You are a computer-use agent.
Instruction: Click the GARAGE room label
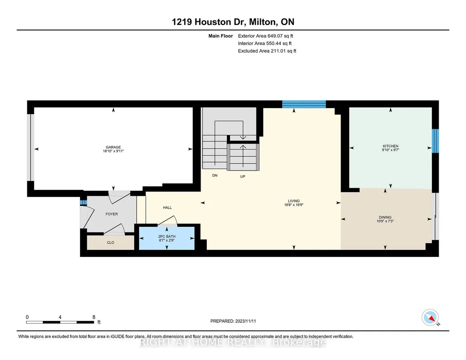tap(113, 147)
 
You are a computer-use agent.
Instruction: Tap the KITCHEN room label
tap(391, 146)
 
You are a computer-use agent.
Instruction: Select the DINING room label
tap(385, 217)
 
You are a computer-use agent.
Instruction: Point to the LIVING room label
tap(294, 201)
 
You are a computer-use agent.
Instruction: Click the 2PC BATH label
tap(167, 237)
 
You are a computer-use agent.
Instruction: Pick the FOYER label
tap(112, 214)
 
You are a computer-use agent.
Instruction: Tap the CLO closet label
tap(110, 243)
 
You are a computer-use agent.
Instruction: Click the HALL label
tap(167, 208)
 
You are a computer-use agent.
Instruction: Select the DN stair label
tap(215, 175)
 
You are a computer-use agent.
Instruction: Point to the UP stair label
tap(243, 176)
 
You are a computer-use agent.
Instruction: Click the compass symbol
tap(430, 318)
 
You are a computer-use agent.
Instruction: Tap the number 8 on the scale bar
tap(94, 317)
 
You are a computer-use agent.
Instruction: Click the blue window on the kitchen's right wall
tap(435, 141)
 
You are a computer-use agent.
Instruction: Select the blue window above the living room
tap(304, 104)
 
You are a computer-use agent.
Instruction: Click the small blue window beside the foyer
tap(83, 203)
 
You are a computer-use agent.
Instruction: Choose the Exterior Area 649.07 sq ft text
tap(266, 36)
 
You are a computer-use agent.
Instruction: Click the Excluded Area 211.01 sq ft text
tap(267, 51)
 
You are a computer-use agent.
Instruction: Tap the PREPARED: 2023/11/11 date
tap(233, 321)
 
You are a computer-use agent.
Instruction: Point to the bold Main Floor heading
tap(220, 36)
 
